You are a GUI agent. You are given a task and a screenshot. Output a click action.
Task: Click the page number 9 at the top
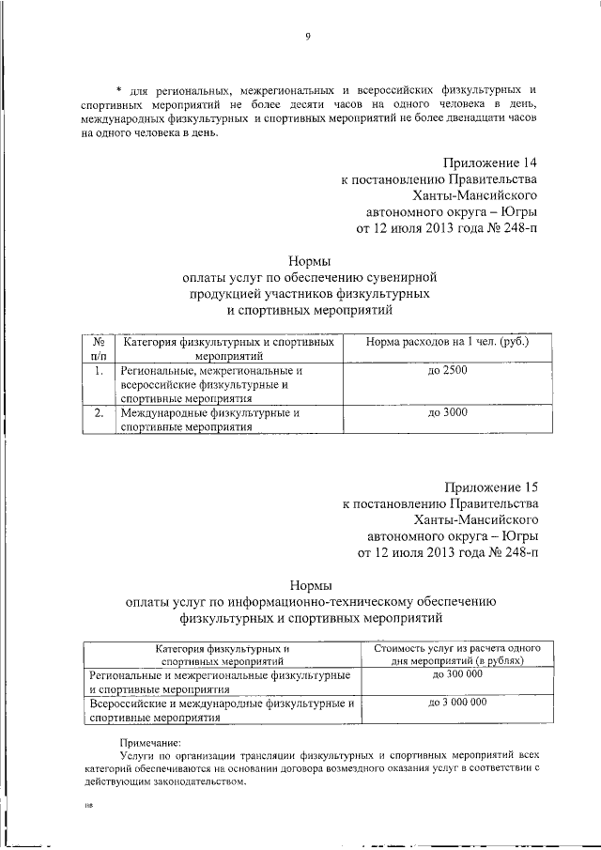307,37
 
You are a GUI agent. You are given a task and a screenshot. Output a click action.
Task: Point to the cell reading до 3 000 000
457,702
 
